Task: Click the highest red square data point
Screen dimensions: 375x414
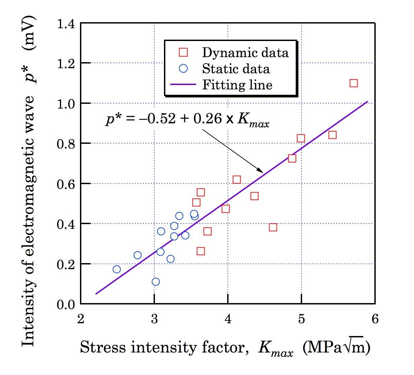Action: (353, 83)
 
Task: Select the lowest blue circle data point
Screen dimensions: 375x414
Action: (156, 282)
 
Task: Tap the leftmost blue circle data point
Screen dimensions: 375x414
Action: (117, 269)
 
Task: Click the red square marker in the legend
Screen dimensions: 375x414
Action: (183, 52)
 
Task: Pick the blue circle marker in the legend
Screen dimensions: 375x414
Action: (183, 69)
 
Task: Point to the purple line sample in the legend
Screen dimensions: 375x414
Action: (183, 84)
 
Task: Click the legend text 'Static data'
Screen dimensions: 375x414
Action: (236, 69)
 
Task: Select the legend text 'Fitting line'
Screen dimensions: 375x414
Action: (237, 84)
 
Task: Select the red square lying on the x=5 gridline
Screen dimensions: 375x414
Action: (301, 138)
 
